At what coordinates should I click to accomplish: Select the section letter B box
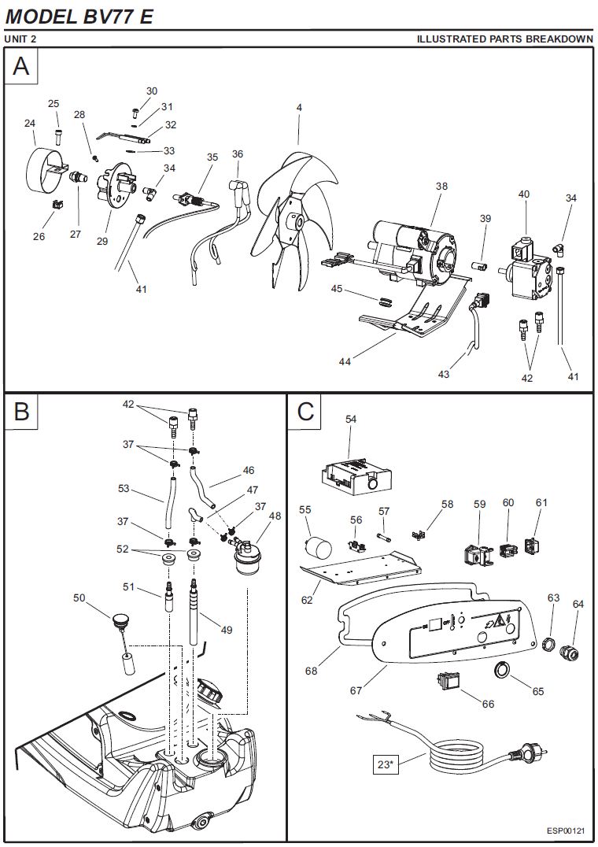click(x=21, y=410)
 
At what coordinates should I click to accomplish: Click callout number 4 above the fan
click(x=299, y=107)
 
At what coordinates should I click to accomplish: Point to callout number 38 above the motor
click(x=441, y=187)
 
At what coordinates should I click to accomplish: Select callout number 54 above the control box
click(x=351, y=420)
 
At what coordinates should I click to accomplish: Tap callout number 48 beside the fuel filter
click(x=275, y=516)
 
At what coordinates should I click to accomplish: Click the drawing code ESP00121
click(x=567, y=831)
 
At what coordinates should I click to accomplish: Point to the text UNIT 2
click(x=20, y=39)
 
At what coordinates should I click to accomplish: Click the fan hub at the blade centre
click(x=297, y=224)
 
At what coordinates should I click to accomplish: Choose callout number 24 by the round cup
click(x=30, y=123)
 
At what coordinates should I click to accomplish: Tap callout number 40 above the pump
click(x=524, y=194)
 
